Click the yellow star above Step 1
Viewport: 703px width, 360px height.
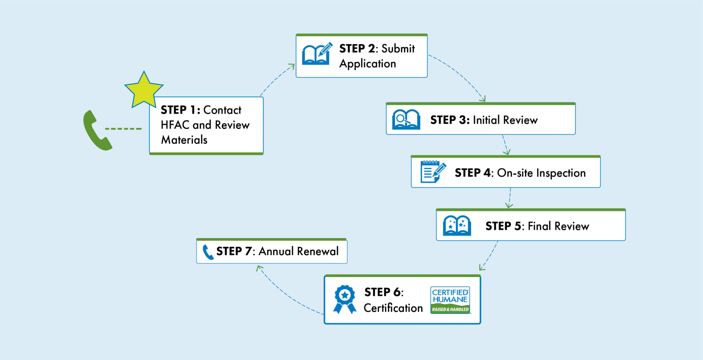pyautogui.click(x=144, y=91)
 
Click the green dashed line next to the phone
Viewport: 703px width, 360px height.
pyautogui.click(x=123, y=128)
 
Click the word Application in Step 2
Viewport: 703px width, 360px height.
pyautogui.click(x=368, y=64)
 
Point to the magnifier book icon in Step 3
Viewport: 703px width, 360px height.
pyautogui.click(x=406, y=119)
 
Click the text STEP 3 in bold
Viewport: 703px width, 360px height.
pyautogui.click(x=450, y=120)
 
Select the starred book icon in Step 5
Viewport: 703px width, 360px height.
pyautogui.click(x=457, y=225)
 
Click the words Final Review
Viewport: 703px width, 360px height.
pyautogui.click(x=558, y=226)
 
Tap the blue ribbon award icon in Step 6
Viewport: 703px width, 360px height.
pyautogui.click(x=344, y=299)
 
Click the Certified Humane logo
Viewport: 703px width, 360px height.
pyautogui.click(x=450, y=300)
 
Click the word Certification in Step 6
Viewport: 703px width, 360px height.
pyautogui.click(x=393, y=308)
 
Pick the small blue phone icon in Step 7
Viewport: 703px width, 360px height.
pyautogui.click(x=207, y=252)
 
